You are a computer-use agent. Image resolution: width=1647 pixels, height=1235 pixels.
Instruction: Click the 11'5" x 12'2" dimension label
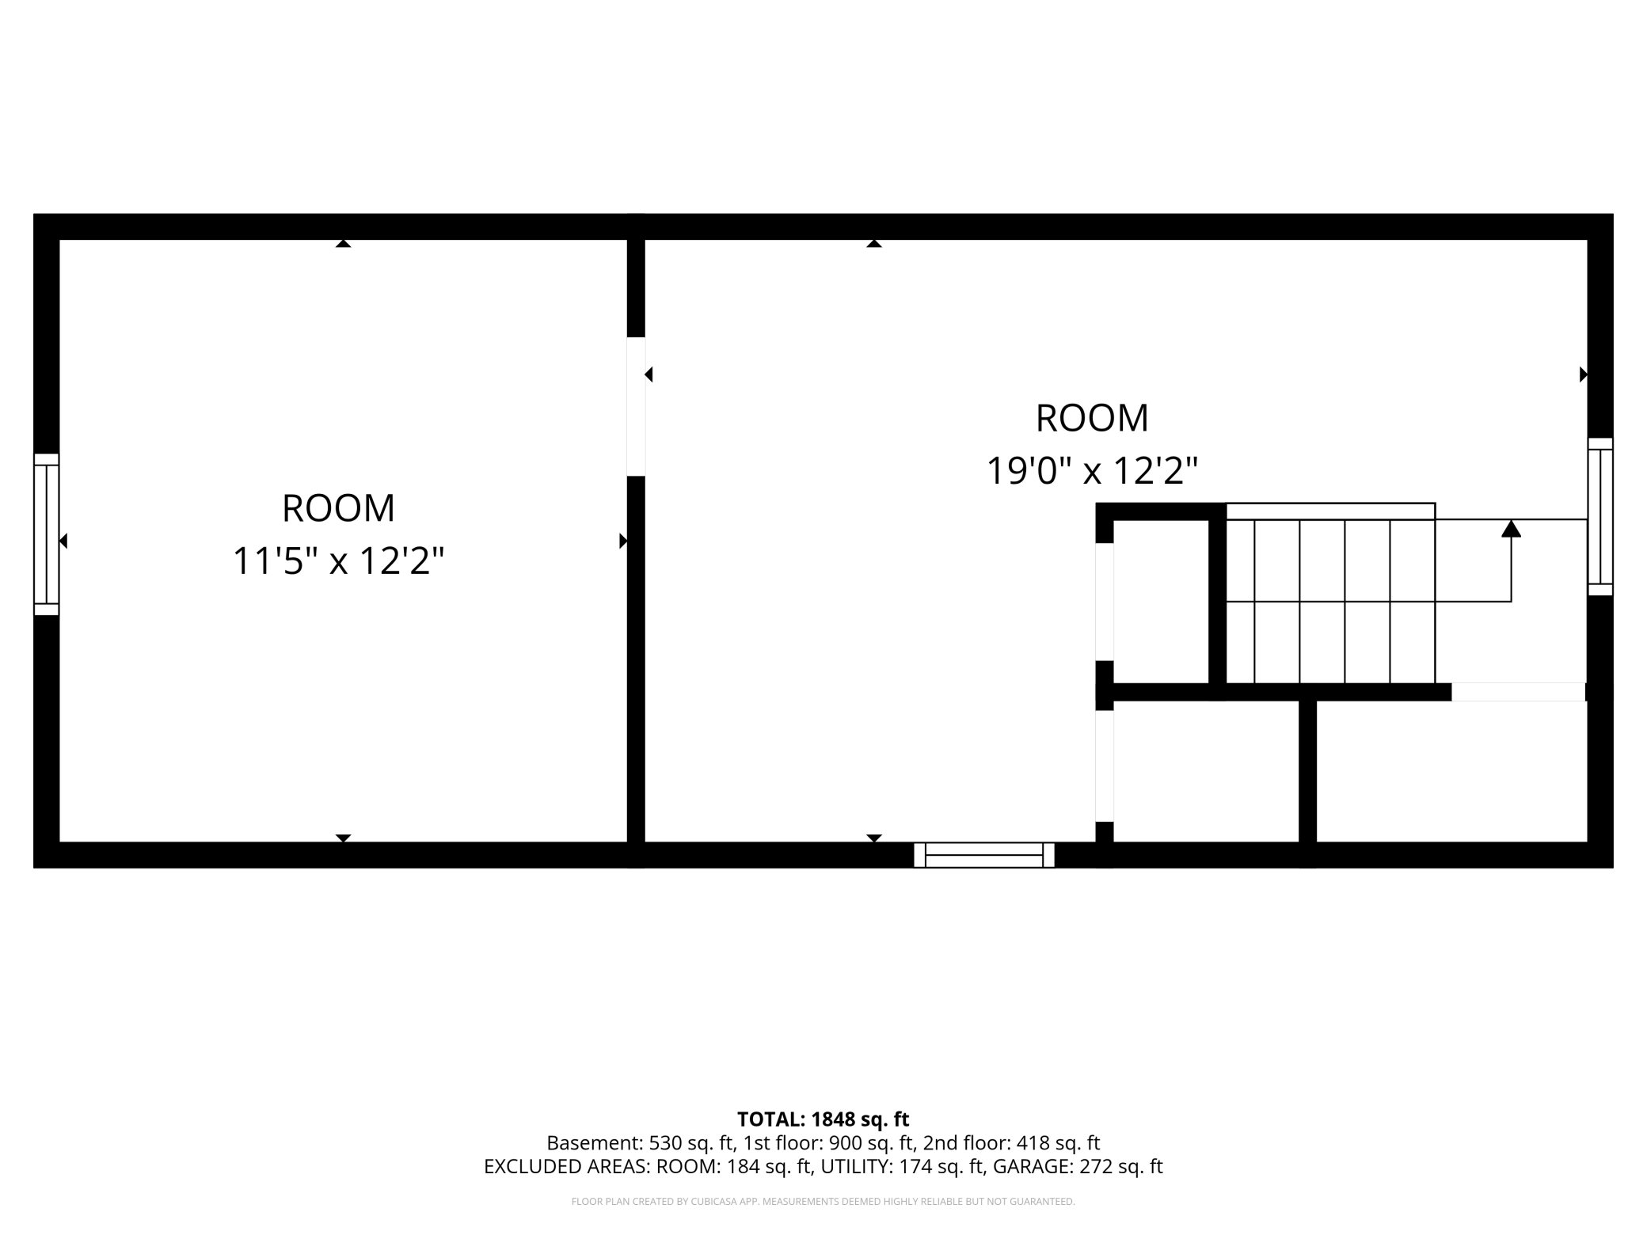click(338, 561)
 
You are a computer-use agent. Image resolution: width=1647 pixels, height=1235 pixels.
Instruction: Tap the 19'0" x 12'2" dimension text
click(1092, 471)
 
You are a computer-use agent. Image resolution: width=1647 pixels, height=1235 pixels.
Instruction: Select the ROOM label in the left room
click(338, 508)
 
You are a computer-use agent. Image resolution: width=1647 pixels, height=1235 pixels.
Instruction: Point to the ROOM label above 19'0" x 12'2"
click(1092, 418)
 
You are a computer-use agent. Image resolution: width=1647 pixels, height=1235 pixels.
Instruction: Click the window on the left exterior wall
click(46, 534)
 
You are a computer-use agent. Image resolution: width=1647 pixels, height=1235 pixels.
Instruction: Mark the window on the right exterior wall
click(1600, 516)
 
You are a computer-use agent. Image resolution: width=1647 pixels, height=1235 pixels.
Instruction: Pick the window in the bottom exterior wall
click(984, 855)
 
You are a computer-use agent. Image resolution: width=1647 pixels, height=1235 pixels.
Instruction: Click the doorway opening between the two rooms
click(636, 407)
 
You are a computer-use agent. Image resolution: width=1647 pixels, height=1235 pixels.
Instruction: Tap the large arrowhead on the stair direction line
click(1512, 528)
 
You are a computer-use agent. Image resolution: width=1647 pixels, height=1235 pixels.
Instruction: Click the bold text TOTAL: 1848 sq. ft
click(823, 1119)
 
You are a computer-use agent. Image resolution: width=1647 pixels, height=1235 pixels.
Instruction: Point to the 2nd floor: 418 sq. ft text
click(1011, 1143)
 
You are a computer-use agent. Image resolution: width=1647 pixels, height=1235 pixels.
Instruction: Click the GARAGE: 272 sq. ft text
click(1078, 1166)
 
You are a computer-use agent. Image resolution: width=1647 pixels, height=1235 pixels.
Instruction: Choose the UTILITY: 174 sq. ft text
click(903, 1166)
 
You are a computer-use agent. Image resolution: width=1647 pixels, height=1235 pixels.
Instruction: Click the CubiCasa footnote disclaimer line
click(823, 1202)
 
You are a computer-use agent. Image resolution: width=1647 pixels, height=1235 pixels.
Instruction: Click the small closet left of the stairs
click(1161, 602)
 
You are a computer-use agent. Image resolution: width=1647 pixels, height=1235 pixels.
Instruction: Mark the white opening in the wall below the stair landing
click(1519, 692)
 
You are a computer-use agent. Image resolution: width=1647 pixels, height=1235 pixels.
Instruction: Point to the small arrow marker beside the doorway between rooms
click(649, 374)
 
